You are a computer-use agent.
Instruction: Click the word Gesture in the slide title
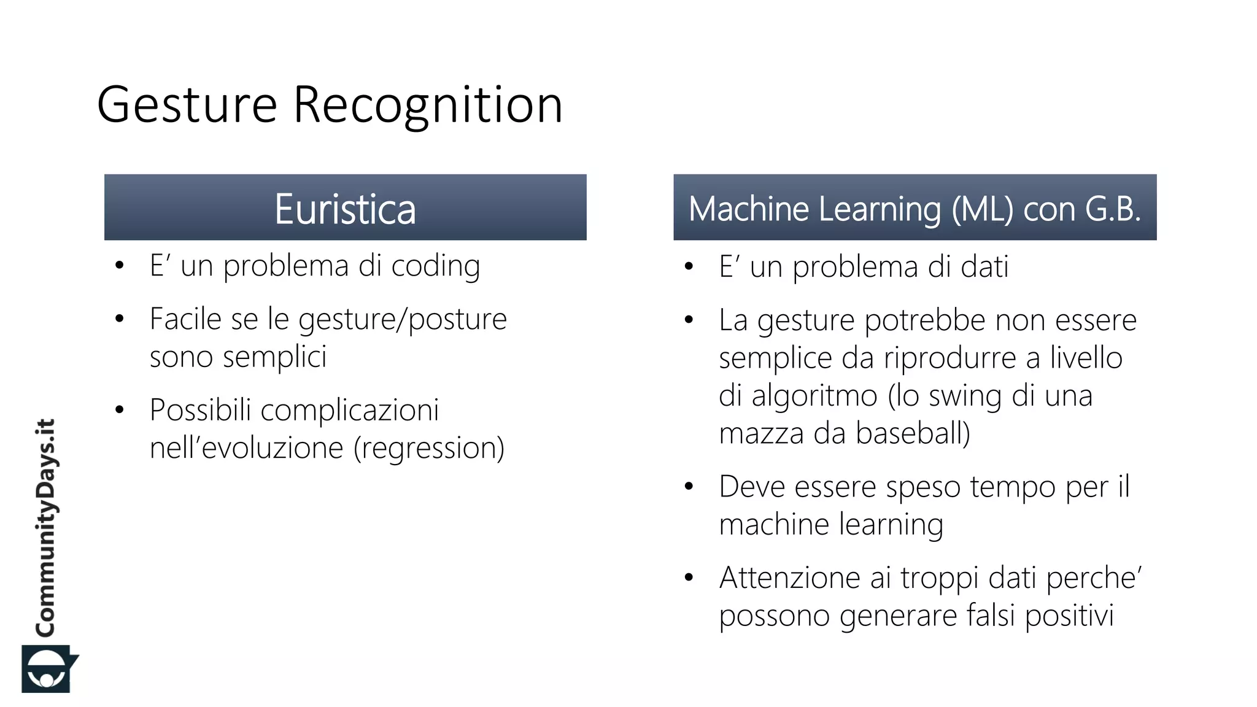click(187, 106)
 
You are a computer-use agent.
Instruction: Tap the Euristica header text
click(345, 209)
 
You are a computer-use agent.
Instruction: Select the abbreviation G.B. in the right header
click(1112, 209)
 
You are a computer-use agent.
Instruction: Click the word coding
click(436, 266)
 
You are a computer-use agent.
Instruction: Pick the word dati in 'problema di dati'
click(984, 267)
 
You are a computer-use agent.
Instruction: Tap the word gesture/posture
click(403, 320)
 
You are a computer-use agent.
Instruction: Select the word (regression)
click(429, 448)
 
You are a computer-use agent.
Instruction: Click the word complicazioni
click(350, 410)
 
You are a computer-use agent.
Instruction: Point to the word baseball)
click(913, 433)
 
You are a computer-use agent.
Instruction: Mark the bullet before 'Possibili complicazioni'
click(120, 410)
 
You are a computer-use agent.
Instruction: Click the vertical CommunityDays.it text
click(45, 528)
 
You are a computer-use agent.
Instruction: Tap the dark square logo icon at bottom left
click(47, 669)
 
